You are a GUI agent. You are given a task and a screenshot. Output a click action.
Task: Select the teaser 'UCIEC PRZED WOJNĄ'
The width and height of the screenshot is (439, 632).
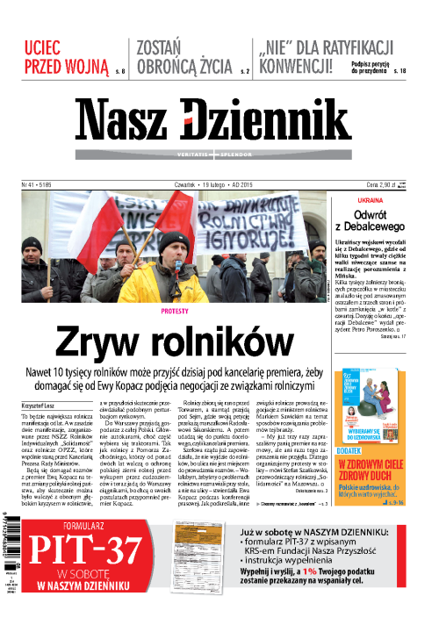[61, 55]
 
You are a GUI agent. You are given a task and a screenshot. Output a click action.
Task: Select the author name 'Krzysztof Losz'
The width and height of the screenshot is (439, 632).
[38, 406]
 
